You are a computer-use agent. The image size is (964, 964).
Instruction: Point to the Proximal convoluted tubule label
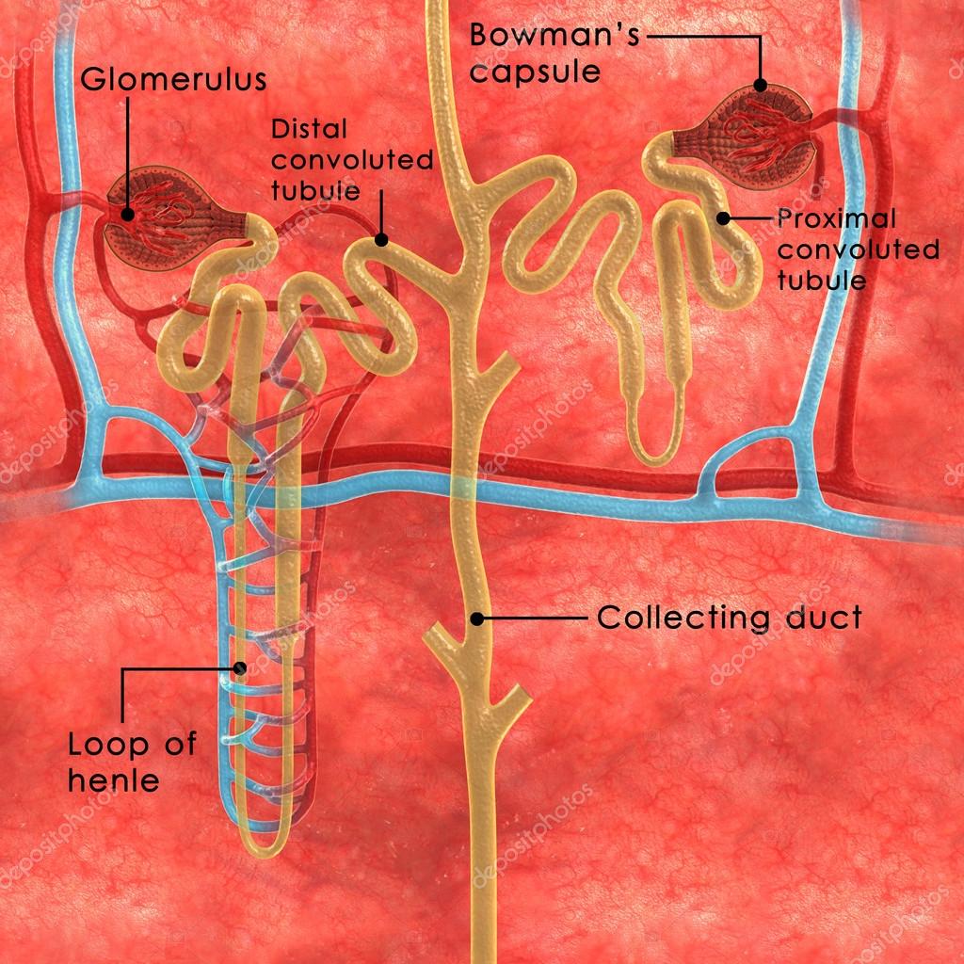tap(857, 249)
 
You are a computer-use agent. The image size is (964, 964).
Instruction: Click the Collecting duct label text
tap(729, 619)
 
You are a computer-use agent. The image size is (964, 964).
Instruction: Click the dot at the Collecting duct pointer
tap(477, 619)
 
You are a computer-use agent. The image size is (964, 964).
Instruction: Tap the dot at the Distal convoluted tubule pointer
tap(381, 239)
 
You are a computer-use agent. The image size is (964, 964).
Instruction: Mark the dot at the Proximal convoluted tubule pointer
tap(723, 218)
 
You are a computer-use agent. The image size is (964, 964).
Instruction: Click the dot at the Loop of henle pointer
tap(241, 668)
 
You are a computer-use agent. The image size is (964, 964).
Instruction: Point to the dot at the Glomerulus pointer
tap(128, 215)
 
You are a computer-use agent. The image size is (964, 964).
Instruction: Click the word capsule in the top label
tap(535, 71)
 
